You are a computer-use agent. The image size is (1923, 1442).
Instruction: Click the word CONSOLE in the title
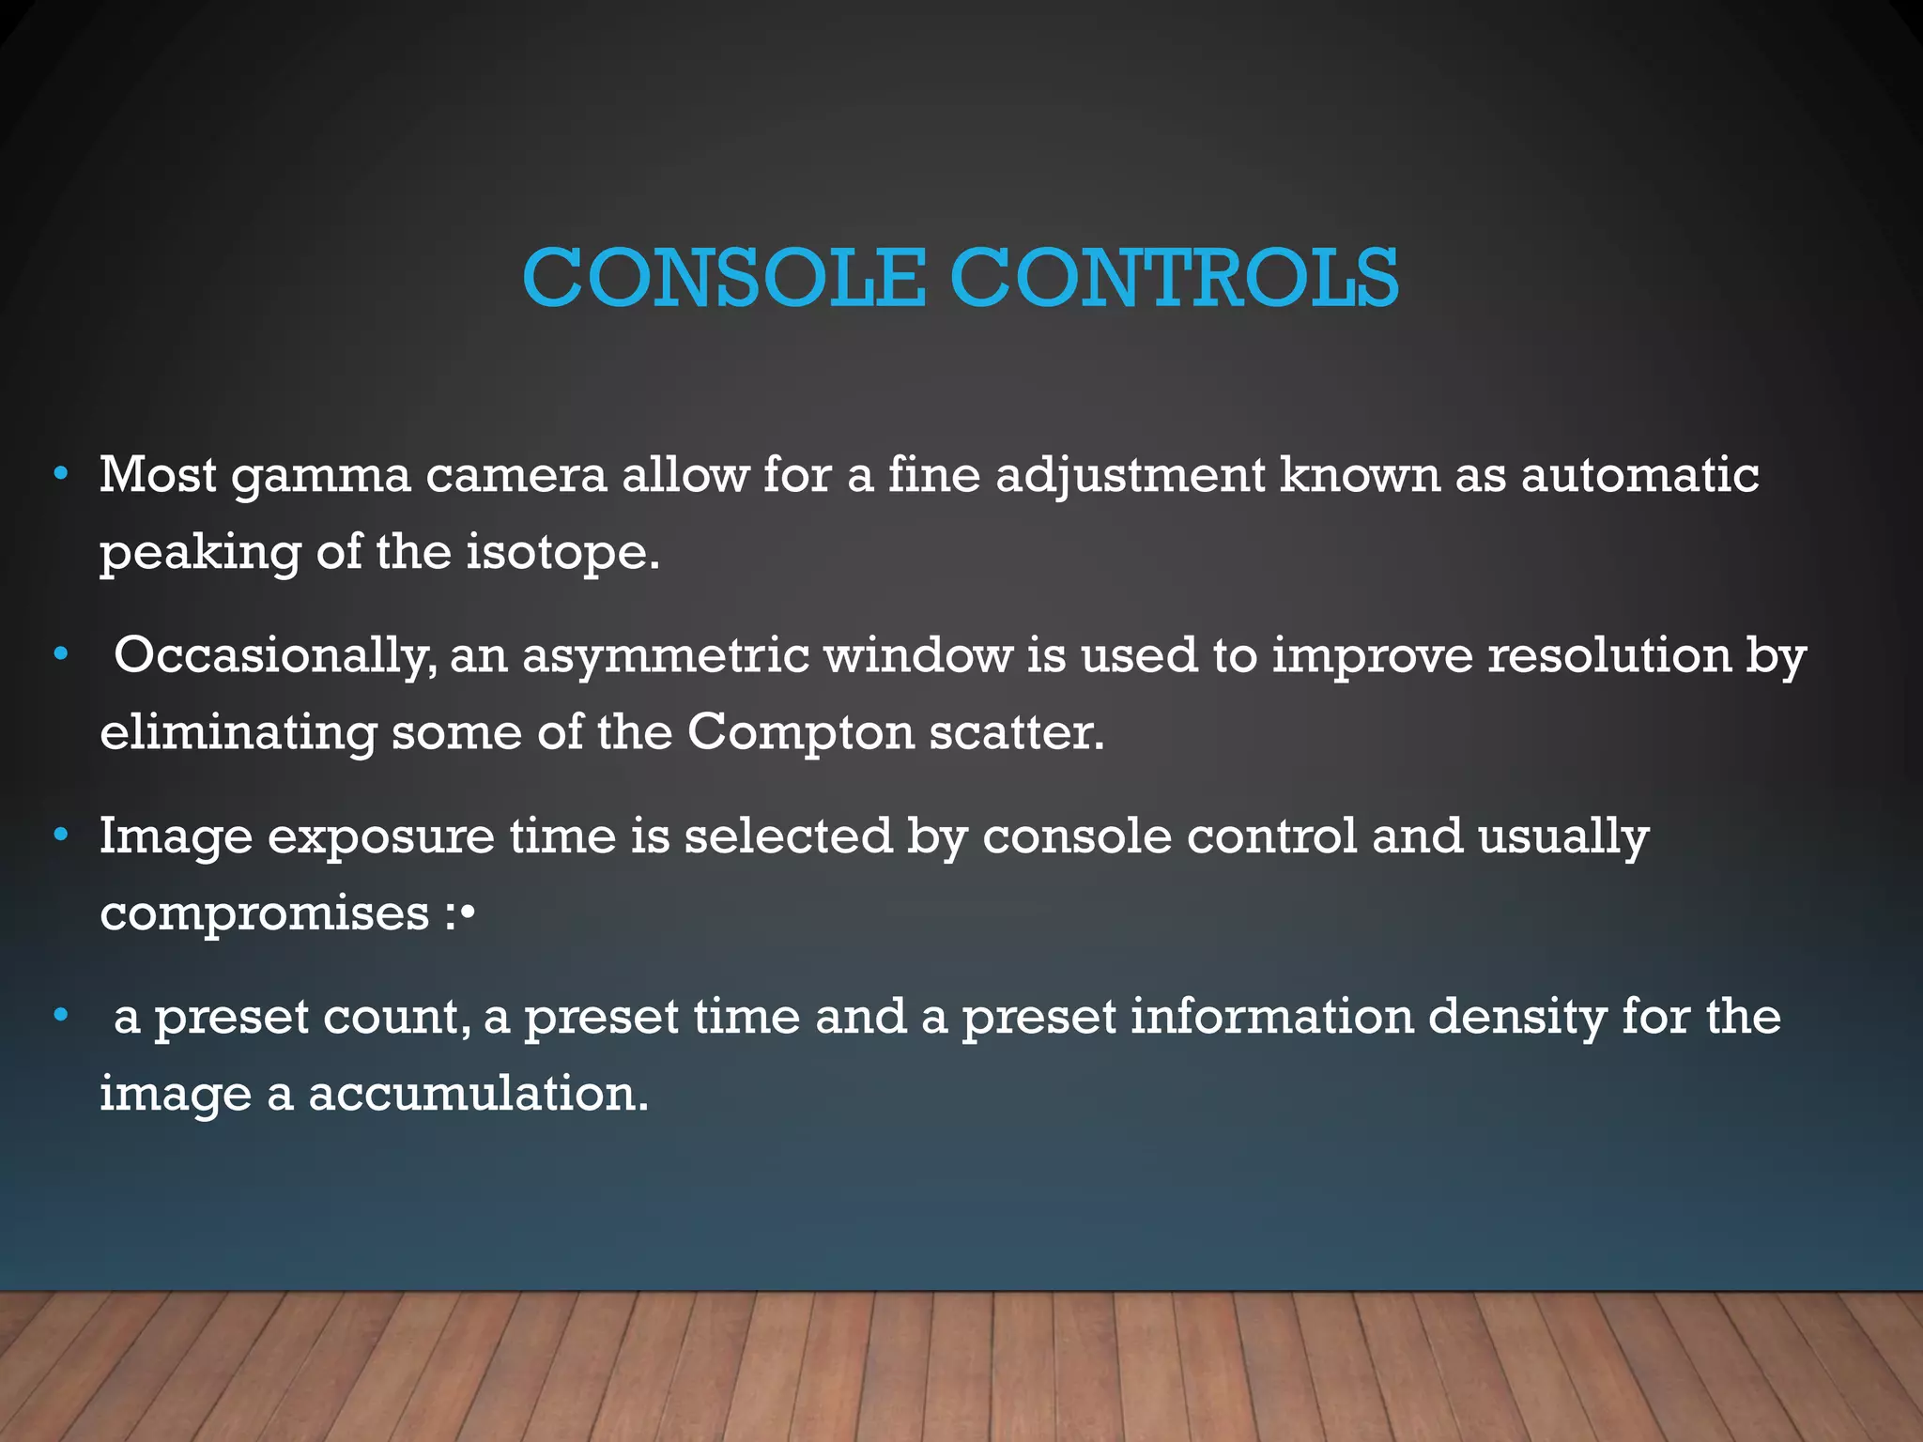pyautogui.click(x=724, y=278)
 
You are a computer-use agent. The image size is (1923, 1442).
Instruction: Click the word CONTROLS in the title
pyautogui.click(x=1175, y=278)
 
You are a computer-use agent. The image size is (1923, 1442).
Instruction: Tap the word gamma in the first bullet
pyautogui.click(x=321, y=476)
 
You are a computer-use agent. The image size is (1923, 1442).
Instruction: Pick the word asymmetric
pyautogui.click(x=666, y=656)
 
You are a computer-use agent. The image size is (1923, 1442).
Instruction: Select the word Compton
pyautogui.click(x=801, y=732)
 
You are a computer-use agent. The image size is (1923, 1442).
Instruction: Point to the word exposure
pyautogui.click(x=380, y=837)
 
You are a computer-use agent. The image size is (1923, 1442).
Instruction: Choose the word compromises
pyautogui.click(x=265, y=913)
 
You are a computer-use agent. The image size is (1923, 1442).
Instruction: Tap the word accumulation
pyautogui.click(x=478, y=1094)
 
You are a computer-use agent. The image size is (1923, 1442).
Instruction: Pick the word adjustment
pyautogui.click(x=1131, y=476)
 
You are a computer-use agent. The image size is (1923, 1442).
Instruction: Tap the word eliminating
pyautogui.click(x=238, y=733)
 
